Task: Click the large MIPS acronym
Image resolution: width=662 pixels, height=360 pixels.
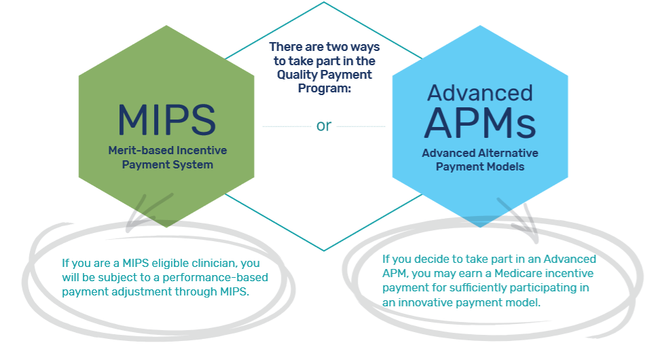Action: pyautogui.click(x=166, y=120)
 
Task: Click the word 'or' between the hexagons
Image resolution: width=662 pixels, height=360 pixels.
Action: pyautogui.click(x=324, y=126)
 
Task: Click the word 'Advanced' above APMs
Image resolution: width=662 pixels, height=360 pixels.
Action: pyautogui.click(x=480, y=92)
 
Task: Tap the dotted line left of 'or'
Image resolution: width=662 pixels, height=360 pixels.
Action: pyautogui.click(x=285, y=126)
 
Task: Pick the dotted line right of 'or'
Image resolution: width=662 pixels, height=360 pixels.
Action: pyautogui.click(x=361, y=126)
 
